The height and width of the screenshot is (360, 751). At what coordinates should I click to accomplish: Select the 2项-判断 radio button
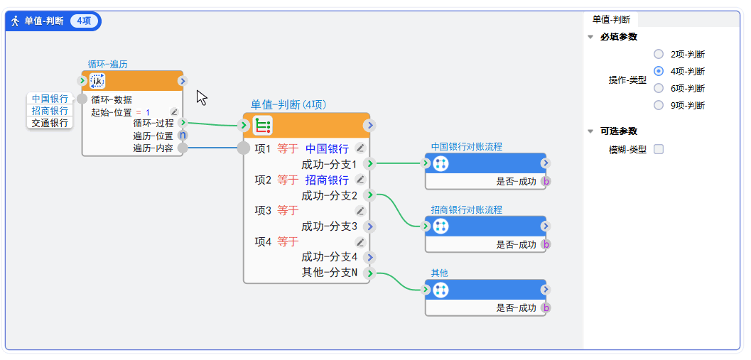point(659,54)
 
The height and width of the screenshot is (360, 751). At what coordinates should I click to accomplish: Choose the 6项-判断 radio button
point(659,88)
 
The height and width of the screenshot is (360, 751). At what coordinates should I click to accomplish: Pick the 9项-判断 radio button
point(659,105)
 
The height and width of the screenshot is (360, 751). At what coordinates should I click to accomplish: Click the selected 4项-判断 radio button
point(659,71)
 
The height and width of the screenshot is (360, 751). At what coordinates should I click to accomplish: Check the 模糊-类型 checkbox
point(659,149)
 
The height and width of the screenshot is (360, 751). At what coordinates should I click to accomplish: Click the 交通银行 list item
point(50,123)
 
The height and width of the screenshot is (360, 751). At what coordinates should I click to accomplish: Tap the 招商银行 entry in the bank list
point(50,111)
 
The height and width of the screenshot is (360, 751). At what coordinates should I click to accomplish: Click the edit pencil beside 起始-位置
point(174,112)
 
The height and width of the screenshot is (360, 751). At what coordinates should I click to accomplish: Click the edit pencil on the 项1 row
point(360,148)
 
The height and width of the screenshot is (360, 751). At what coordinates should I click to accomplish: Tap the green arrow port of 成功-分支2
point(369,195)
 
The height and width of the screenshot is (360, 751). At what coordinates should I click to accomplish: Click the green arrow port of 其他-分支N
point(369,273)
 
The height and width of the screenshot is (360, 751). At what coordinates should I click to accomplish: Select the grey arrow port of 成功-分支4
point(369,257)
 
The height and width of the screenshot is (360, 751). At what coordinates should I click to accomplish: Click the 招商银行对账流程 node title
point(466,210)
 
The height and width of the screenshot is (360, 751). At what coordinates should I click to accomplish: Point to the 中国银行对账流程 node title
point(466,147)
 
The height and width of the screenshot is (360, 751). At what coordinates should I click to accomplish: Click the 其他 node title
point(439,273)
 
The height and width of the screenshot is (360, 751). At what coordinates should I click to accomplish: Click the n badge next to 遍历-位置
point(183,136)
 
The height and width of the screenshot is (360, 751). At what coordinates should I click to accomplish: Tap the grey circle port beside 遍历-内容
point(183,148)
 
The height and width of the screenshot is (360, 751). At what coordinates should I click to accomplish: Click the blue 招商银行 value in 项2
point(327,180)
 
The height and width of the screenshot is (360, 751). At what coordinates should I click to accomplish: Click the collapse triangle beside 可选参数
point(590,131)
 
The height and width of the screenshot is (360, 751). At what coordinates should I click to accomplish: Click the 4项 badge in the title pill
point(84,21)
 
